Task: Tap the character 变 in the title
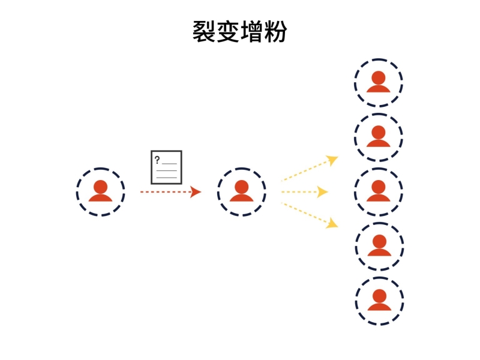click(x=229, y=31)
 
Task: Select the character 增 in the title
click(x=253, y=31)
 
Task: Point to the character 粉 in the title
click(x=276, y=31)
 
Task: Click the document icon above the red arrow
click(x=166, y=167)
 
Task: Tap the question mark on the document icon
click(x=157, y=160)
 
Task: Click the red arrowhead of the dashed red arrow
click(x=196, y=192)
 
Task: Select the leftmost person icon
click(x=100, y=191)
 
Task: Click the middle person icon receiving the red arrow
click(x=241, y=191)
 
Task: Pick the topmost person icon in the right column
click(x=378, y=82)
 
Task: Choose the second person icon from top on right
click(x=378, y=137)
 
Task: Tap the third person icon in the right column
click(x=378, y=191)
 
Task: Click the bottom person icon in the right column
click(x=379, y=300)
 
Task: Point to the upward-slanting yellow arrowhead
click(x=332, y=160)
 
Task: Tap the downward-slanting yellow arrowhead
click(x=332, y=224)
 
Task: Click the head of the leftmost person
click(x=100, y=186)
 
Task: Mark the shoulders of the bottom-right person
click(x=379, y=307)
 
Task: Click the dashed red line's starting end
click(x=142, y=192)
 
